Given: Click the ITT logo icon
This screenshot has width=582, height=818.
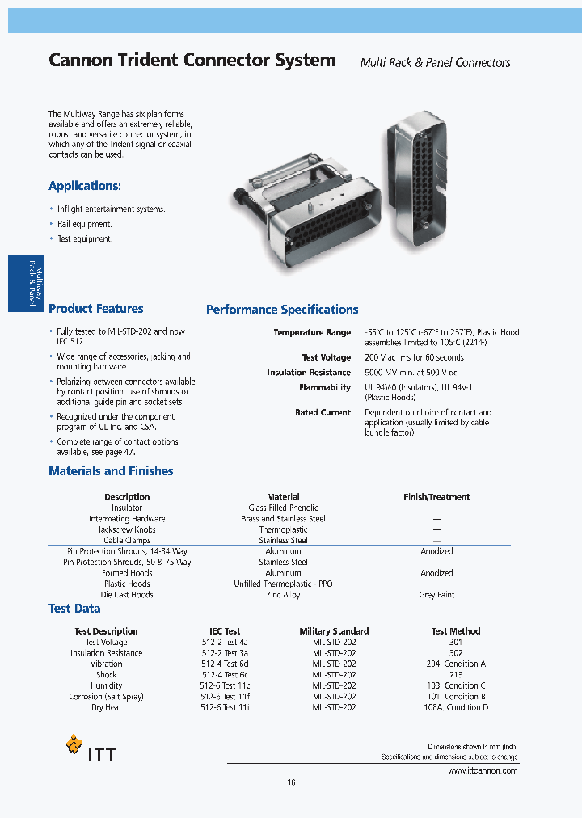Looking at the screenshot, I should click(74, 744).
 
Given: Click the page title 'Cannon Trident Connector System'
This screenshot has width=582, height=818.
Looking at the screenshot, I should click(192, 60).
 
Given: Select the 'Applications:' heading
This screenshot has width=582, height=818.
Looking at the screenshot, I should click(85, 186).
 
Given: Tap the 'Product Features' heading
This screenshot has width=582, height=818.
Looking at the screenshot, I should click(96, 309).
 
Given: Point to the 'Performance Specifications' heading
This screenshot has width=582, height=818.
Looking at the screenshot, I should click(282, 310).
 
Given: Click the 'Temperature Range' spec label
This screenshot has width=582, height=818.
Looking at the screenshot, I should click(312, 333).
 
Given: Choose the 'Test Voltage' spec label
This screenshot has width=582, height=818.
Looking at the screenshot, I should click(327, 357).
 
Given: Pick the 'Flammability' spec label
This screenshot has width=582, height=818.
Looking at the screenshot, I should click(325, 388).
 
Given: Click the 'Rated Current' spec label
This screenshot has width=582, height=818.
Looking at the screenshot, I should click(323, 413).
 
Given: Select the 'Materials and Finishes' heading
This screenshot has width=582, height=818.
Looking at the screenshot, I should click(111, 471).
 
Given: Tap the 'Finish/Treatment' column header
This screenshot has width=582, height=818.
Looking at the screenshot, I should click(436, 497).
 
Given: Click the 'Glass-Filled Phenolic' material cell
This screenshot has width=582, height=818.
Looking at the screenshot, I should click(283, 508).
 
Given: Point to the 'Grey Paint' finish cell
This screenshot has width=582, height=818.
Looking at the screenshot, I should click(436, 595).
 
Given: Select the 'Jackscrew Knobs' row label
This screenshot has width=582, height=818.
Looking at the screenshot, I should click(127, 530).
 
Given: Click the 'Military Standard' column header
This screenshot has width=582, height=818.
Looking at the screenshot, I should click(334, 631).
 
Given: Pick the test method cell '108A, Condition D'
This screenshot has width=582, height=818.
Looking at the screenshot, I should click(456, 708).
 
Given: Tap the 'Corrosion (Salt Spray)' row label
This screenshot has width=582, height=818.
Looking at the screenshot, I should click(108, 697).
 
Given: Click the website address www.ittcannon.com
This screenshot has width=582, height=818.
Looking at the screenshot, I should click(483, 771).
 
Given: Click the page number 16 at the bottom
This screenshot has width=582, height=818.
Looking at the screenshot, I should click(291, 782).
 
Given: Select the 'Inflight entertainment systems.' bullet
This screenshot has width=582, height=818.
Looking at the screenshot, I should click(111, 209).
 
